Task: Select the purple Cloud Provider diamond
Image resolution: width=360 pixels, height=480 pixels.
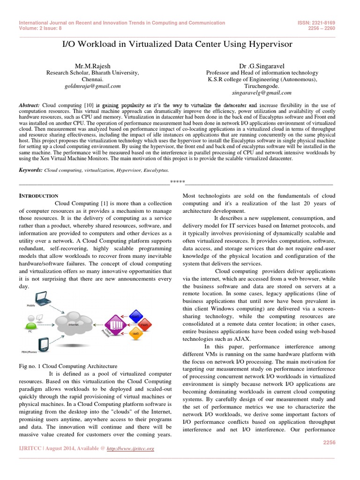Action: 115,323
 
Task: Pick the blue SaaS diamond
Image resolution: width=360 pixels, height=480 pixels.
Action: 136,314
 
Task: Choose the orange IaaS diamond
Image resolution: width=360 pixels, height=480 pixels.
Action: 136,333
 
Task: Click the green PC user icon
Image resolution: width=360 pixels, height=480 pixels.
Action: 32,323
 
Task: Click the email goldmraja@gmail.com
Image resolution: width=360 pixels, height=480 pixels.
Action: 93,86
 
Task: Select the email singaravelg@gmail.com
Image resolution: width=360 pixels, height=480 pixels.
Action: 262,93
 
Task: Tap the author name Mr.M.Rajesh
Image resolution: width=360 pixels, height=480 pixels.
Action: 93,66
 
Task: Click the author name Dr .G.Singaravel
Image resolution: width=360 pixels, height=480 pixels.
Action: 262,66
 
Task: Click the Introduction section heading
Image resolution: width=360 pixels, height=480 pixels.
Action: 38,195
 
